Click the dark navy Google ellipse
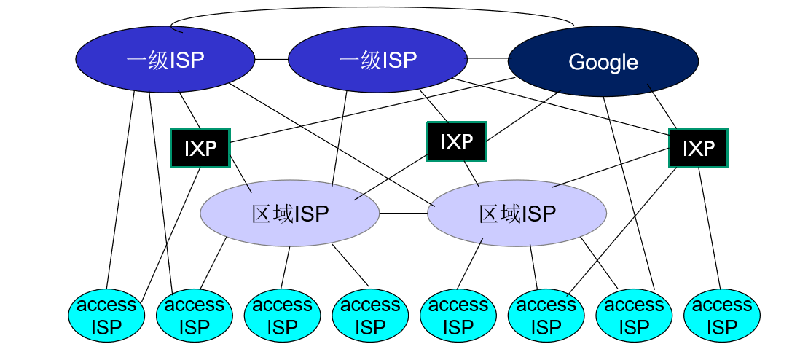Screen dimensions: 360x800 point(603,63)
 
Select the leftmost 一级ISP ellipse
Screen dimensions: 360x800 point(165,60)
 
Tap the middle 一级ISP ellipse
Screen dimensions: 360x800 point(377,60)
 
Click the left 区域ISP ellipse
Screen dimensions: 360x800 point(290,214)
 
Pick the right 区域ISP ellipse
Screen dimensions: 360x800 point(517,214)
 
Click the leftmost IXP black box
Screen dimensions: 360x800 point(199,148)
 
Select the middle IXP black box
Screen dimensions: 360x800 point(456,141)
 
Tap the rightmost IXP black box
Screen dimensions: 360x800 point(698,148)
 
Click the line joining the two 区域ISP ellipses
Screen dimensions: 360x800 point(403,214)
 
